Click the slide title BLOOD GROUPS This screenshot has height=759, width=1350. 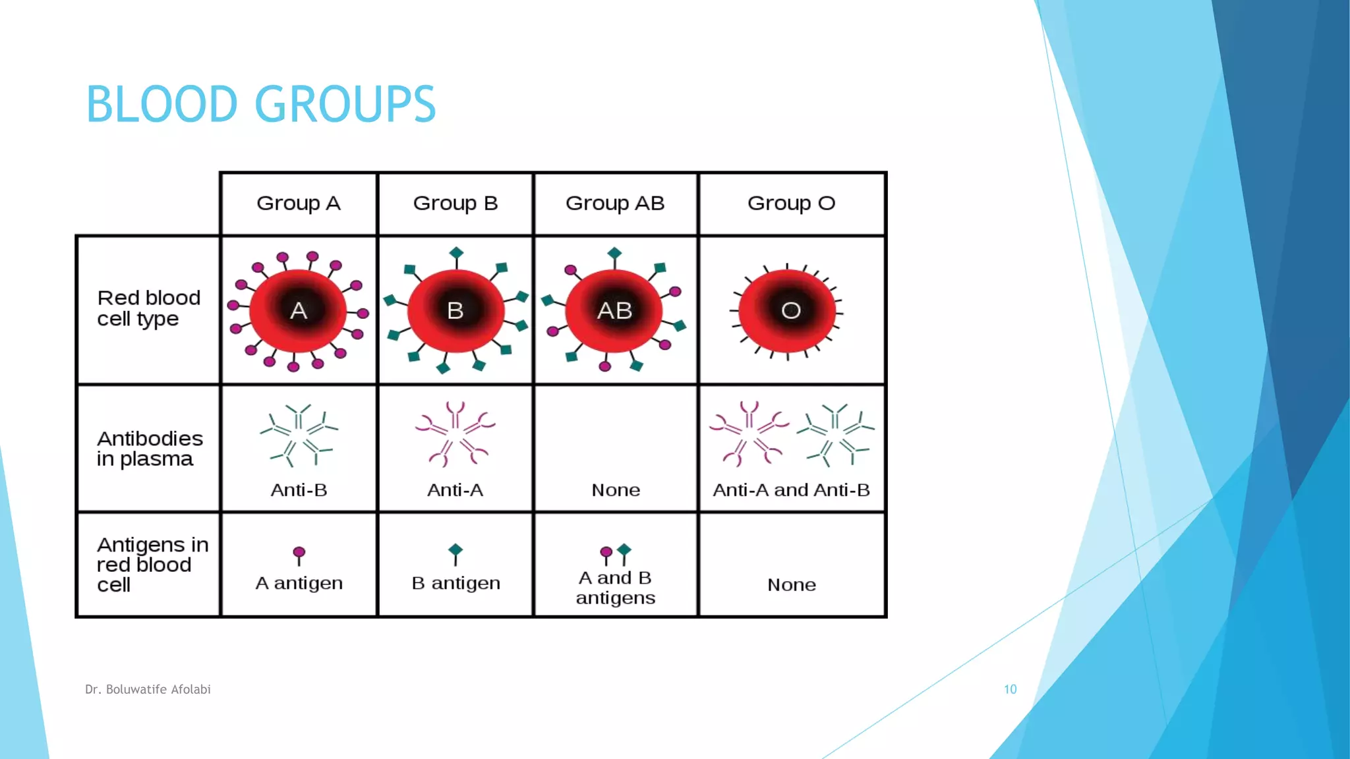pyautogui.click(x=260, y=104)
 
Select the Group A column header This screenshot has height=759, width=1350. pyautogui.click(x=298, y=203)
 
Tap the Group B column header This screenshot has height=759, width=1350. pyautogui.click(x=455, y=203)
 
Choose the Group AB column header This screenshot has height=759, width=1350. pyautogui.click(x=614, y=203)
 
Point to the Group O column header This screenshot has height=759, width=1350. pyautogui.click(x=791, y=203)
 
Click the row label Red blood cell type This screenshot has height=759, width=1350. pyautogui.click(x=148, y=308)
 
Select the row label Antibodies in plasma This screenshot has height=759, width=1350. pyautogui.click(x=150, y=449)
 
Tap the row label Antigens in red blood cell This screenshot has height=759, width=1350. pyautogui.click(x=152, y=565)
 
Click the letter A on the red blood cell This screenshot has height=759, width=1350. pyautogui.click(x=299, y=310)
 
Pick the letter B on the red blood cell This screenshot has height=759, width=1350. pyautogui.click(x=455, y=310)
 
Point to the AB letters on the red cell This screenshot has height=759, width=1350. pyautogui.click(x=614, y=310)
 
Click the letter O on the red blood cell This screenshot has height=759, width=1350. pyautogui.click(x=791, y=310)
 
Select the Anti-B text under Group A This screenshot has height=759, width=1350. pyautogui.click(x=299, y=490)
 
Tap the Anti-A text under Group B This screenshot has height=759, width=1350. pyautogui.click(x=455, y=490)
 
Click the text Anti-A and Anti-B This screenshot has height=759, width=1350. pyautogui.click(x=791, y=490)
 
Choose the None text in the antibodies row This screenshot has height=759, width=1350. pyautogui.click(x=616, y=490)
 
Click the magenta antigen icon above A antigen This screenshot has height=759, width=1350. pyautogui.click(x=299, y=554)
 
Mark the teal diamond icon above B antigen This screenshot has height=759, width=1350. pyautogui.click(x=455, y=553)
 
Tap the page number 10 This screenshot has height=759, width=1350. pyautogui.click(x=1010, y=689)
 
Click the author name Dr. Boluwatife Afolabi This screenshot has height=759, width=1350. pyautogui.click(x=148, y=689)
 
